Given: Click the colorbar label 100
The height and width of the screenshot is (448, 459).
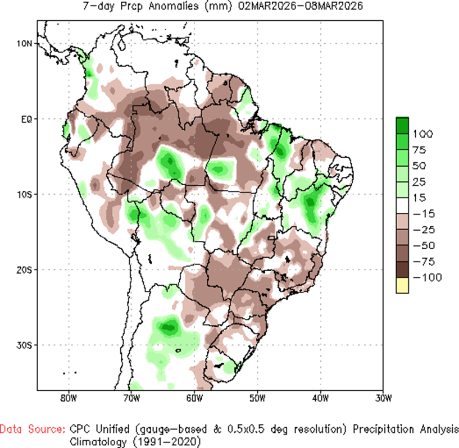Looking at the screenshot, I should (x=424, y=134).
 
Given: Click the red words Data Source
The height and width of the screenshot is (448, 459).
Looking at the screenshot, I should (x=32, y=429).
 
